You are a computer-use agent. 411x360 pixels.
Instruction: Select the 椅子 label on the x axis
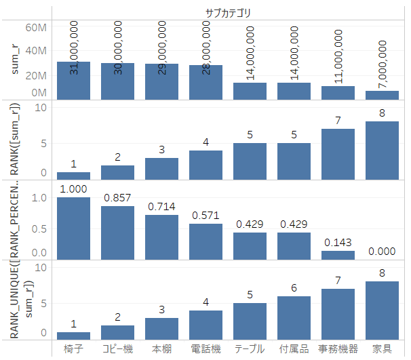coord(73,348)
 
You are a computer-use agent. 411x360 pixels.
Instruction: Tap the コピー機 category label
coord(117,348)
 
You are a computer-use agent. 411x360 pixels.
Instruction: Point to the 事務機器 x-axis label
coord(338,348)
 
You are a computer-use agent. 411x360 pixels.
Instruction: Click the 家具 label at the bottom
coord(382,348)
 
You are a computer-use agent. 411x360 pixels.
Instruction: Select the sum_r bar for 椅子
coord(73,81)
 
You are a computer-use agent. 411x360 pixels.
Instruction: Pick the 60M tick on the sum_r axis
coord(36,28)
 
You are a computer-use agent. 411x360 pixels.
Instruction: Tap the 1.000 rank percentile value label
coord(73,189)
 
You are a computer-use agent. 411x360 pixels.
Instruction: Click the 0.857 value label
coord(117,198)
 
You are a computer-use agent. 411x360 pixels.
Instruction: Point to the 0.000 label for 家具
coord(382,252)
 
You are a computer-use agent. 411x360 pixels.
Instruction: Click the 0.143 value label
coord(338,243)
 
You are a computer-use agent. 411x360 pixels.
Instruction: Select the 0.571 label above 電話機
coord(206,216)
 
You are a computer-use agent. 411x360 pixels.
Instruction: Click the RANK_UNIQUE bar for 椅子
coord(73,335)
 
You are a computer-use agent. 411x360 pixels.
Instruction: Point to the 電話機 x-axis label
coord(206,348)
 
